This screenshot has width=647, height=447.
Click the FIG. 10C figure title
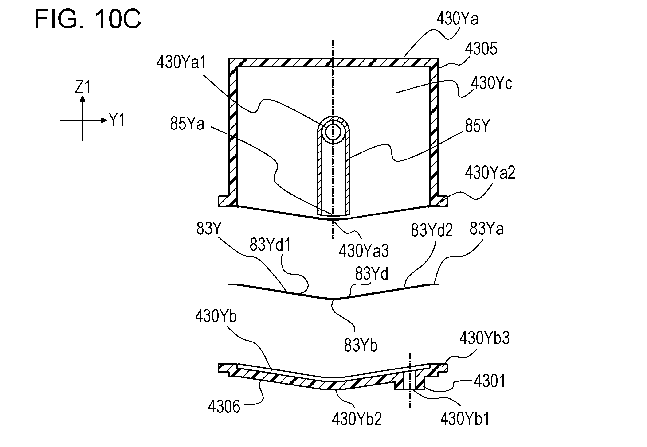coord(88,19)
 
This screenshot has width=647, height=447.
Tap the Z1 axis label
coord(83,88)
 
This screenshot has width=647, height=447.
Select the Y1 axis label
coord(117,120)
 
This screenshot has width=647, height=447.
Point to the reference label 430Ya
coord(457,19)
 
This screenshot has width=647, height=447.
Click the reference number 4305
coord(481,49)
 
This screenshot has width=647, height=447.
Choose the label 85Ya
coord(187,124)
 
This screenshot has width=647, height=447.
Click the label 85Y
coord(477,126)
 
